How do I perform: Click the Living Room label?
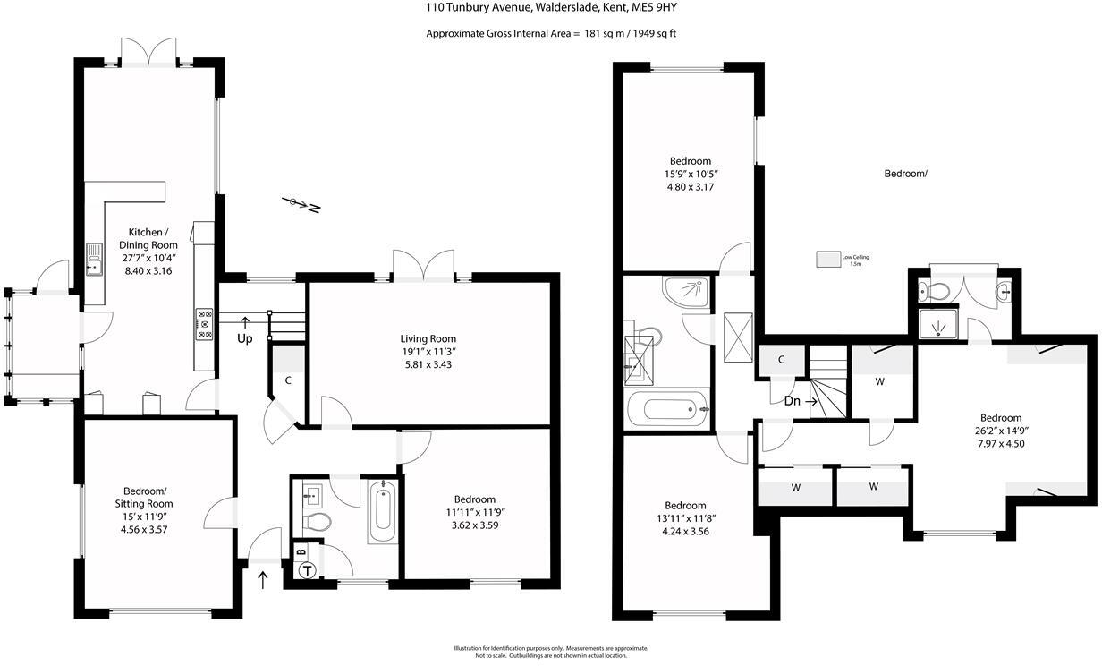(x=428, y=339)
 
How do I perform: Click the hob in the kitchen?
(x=204, y=324)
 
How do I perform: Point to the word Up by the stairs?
(x=244, y=338)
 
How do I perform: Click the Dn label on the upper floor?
(x=793, y=401)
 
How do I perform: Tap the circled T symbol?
(x=309, y=571)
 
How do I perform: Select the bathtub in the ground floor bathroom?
(x=382, y=511)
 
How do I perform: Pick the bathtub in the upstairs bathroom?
(x=667, y=410)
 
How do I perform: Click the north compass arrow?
(x=301, y=204)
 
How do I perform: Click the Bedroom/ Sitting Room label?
(x=145, y=497)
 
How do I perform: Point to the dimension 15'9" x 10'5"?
(x=688, y=175)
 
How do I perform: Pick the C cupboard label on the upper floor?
(x=781, y=360)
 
